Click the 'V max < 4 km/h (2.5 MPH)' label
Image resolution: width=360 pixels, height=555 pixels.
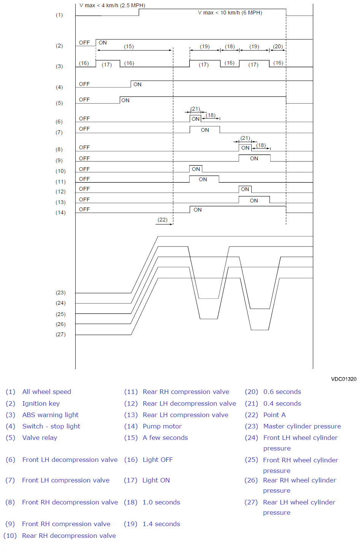[112, 6]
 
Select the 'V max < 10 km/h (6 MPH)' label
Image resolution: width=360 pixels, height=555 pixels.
[230, 13]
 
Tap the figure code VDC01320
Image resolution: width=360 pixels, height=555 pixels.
[343, 379]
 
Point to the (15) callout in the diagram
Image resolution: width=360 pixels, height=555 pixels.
[129, 47]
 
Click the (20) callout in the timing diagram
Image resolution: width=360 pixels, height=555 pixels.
[278, 47]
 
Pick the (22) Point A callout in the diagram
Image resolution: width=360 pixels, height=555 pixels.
[163, 220]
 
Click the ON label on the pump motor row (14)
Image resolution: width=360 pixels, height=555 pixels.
[198, 210]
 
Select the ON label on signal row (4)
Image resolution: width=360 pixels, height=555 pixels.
[137, 84]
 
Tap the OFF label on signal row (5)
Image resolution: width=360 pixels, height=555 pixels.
[84, 100]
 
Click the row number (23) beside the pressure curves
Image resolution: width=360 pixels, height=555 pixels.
[60, 293]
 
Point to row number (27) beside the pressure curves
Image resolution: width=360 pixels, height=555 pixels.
[60, 335]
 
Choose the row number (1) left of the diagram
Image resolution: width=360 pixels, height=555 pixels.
[59, 15]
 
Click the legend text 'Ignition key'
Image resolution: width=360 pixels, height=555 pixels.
[41, 403]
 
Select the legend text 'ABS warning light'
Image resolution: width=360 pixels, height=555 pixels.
[51, 415]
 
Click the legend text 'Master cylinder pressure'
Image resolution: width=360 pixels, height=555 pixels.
[302, 426]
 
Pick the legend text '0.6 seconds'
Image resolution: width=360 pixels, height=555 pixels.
[282, 392]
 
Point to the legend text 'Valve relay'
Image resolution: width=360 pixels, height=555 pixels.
[40, 438]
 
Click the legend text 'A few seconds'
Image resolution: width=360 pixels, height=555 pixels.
[165, 438]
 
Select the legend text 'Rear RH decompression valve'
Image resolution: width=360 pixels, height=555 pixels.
[69, 536]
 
